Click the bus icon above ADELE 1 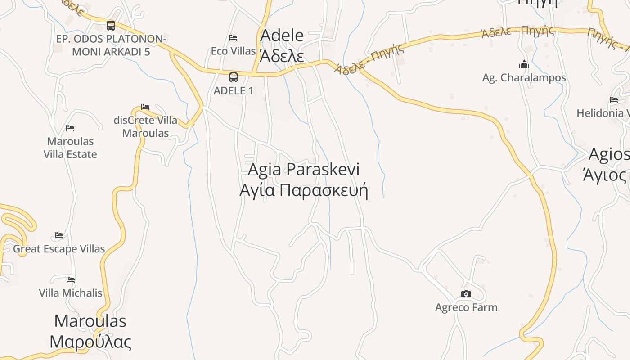(x=233, y=77)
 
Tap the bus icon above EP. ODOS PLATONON (x=111, y=25)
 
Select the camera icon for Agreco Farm (x=466, y=294)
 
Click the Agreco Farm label (x=466, y=308)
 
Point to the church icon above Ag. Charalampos (x=524, y=64)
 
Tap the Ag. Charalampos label (x=524, y=78)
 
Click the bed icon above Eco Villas (x=233, y=37)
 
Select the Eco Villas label (x=233, y=51)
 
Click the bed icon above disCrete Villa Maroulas (x=145, y=107)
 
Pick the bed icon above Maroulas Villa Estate (x=70, y=128)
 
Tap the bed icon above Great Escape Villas (x=59, y=235)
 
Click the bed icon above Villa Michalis (x=71, y=279)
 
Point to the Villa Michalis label (x=71, y=293)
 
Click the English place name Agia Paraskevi (x=304, y=170)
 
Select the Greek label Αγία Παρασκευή (x=304, y=190)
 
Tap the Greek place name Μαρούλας (x=90, y=342)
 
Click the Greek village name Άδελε (x=282, y=56)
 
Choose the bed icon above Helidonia (x=614, y=100)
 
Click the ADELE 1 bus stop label (x=233, y=90)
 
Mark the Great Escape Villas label (x=59, y=249)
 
